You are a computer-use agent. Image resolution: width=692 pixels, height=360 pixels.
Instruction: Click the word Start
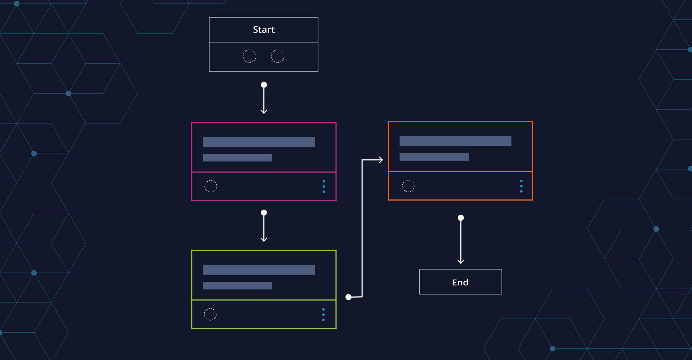pos(264,29)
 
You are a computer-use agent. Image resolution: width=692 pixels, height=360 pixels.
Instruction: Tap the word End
pos(460,282)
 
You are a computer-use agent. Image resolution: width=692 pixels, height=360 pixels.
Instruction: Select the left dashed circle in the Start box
pos(249,56)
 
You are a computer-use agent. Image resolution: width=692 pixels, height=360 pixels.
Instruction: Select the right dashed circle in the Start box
pos(278,56)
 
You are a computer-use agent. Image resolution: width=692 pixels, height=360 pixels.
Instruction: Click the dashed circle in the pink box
pos(211,186)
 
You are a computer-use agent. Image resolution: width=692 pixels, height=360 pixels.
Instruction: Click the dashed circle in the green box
pos(210,314)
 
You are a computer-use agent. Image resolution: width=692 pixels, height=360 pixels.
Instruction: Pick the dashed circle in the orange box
pos(408,186)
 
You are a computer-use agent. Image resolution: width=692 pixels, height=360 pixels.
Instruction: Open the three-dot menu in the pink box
pos(324,186)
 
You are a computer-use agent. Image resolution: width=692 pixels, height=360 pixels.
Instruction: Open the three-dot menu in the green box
pos(323,315)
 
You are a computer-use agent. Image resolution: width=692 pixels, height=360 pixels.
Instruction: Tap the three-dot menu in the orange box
pos(521,186)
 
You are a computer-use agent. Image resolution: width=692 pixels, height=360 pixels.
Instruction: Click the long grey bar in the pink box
pos(259,142)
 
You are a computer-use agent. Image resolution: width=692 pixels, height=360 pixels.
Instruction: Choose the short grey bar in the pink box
pos(237,158)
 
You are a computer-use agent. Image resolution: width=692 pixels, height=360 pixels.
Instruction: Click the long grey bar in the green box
pos(259,269)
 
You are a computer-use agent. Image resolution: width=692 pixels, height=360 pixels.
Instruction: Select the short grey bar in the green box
pos(237,286)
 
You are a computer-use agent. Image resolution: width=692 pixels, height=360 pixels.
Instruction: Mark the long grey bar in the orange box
pos(455,141)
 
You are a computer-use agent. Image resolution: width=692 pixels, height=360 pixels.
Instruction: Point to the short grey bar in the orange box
pos(434,157)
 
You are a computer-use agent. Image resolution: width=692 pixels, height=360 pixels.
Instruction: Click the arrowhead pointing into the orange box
pos(381,160)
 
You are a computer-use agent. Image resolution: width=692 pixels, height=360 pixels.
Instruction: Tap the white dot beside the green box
pos(348,297)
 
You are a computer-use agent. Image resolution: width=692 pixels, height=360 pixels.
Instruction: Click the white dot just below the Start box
pos(264,85)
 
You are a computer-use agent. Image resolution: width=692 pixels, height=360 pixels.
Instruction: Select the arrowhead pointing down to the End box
pos(461,261)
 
